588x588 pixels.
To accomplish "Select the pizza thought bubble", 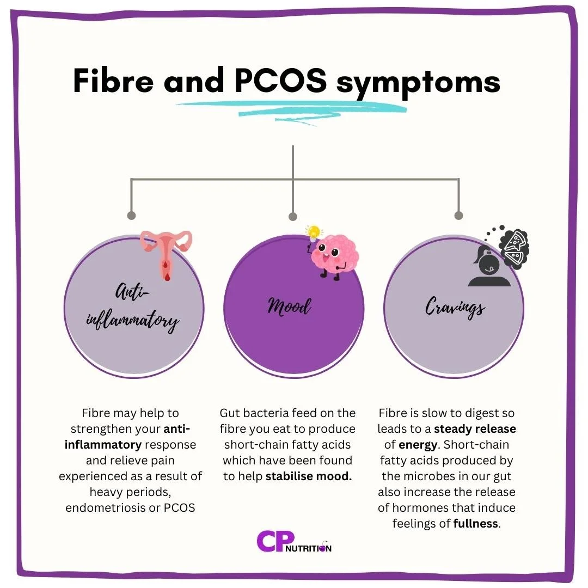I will (x=514, y=248).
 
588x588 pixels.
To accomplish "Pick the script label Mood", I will (x=289, y=306).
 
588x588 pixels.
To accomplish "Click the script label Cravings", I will (x=455, y=308).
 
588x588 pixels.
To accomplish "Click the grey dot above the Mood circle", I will (x=293, y=216).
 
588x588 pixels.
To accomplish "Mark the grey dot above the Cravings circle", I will (x=458, y=216).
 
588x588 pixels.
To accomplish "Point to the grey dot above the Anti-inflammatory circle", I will (x=131, y=216).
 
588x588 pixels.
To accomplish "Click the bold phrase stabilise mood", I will (x=309, y=476).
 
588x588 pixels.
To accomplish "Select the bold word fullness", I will (x=476, y=524).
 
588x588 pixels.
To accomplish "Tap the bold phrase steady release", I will (x=475, y=429).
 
